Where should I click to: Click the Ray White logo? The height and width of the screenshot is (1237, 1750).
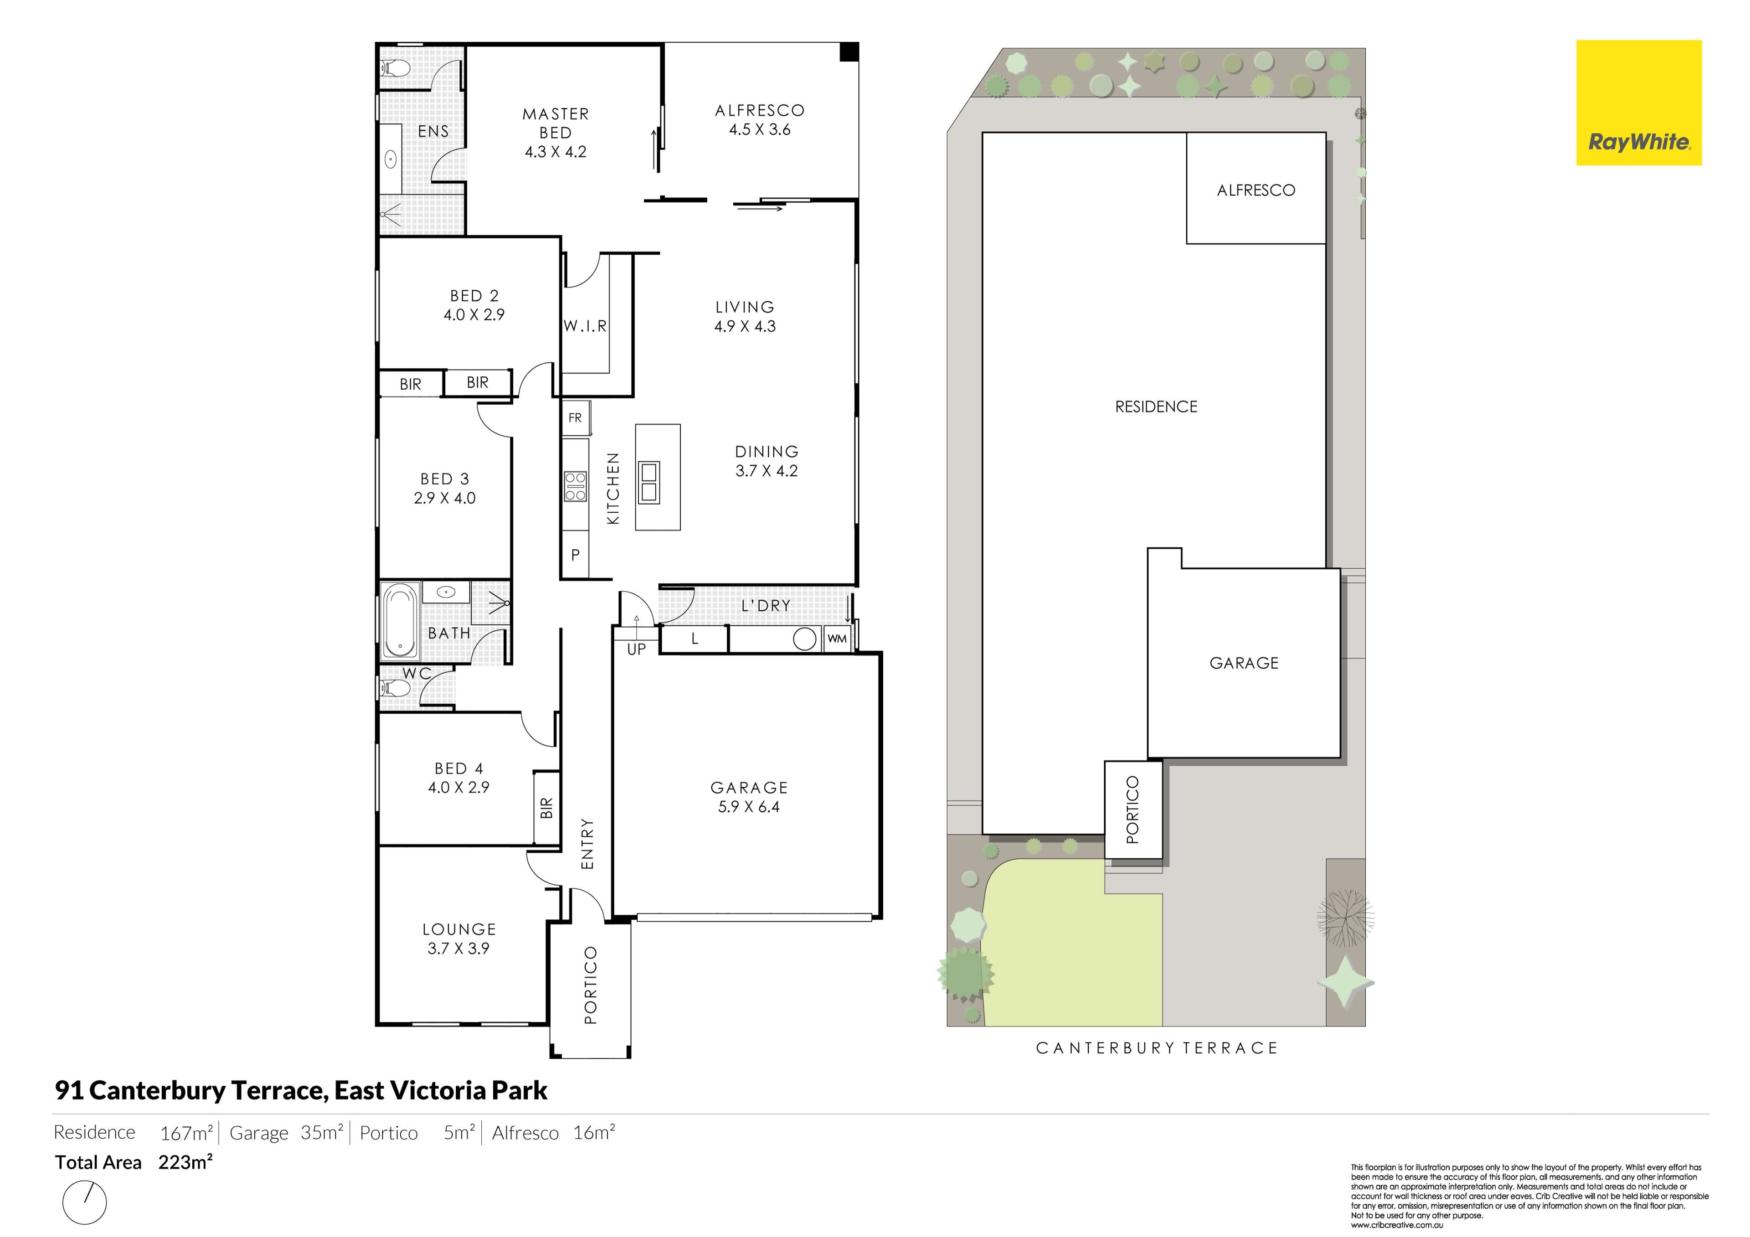(x=1639, y=103)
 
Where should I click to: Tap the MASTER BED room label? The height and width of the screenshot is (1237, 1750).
(x=556, y=124)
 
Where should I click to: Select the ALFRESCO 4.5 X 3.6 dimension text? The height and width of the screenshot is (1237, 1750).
(x=760, y=120)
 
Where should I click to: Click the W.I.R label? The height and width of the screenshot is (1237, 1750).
(x=585, y=326)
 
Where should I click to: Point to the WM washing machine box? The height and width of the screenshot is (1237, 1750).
(x=837, y=639)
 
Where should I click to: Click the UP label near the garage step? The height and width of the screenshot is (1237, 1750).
(x=637, y=649)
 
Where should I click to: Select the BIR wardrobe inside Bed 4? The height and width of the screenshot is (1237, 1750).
(x=546, y=808)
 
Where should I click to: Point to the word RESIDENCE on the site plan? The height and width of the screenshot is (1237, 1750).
(x=1156, y=407)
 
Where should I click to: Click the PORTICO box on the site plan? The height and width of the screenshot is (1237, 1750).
(x=1133, y=809)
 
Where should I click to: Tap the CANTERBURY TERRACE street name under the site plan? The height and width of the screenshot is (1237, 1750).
(x=1156, y=1048)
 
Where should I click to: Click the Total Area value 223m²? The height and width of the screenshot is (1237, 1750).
(x=185, y=1162)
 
